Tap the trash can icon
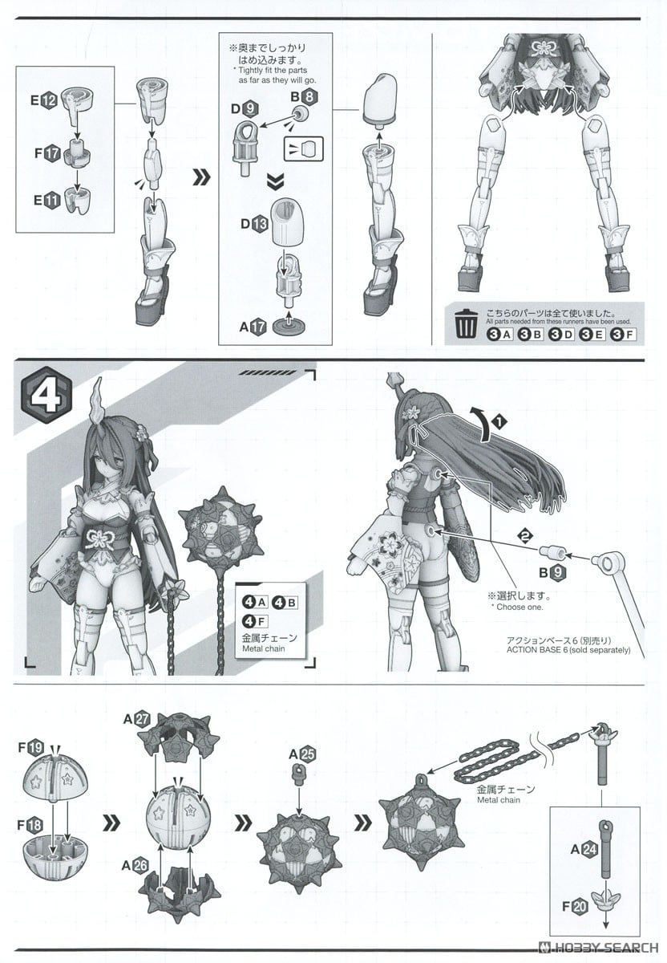[465, 324]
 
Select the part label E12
[44, 100]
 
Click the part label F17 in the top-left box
[47, 153]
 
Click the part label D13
[255, 223]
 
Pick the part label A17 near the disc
[253, 327]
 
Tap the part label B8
[304, 97]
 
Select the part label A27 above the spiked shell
[136, 719]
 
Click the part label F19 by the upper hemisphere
[31, 747]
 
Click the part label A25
[304, 754]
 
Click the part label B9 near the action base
[552, 572]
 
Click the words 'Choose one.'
[519, 607]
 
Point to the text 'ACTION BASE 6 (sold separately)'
[568, 649]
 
